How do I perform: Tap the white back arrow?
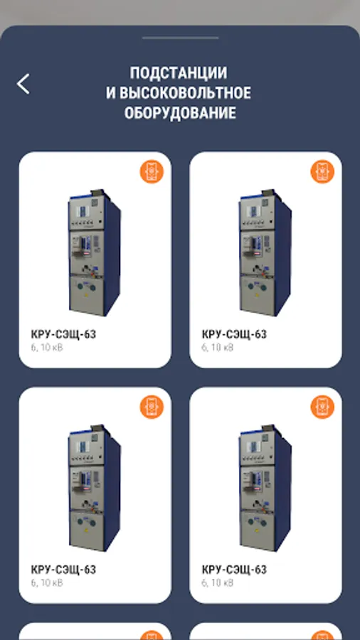coord(23,84)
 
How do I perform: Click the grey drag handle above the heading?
coord(180,38)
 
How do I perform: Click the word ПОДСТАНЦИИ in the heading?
coord(179,73)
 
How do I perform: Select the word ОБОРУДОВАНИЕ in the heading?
coord(180,112)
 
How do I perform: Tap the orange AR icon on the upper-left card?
coord(152,171)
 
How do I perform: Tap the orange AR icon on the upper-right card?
coord(322,171)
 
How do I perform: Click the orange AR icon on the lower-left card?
coord(152,407)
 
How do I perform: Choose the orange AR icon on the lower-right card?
coord(322,407)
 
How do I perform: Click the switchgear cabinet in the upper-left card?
coord(95,252)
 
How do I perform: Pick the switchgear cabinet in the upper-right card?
coord(265,252)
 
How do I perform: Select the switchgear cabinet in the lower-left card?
coord(95,488)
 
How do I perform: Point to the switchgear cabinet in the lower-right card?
coord(265,488)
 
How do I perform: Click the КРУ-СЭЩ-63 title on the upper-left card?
coord(63,335)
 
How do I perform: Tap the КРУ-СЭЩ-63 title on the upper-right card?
coord(234,335)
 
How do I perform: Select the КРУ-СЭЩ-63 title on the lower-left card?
coord(63,570)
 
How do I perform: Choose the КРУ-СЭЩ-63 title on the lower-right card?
coord(234,570)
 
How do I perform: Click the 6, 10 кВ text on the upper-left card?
coord(47,348)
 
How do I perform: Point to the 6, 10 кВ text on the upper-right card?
coord(218,348)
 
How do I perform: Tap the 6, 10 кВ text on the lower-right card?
coord(218,583)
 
